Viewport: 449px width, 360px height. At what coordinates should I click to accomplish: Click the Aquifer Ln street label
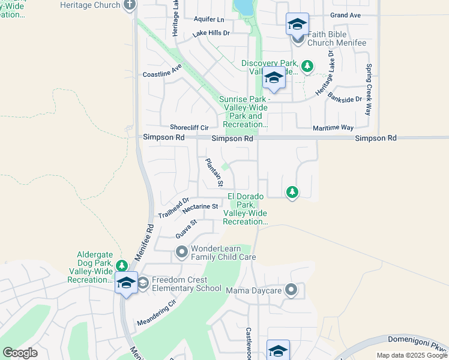point(208,19)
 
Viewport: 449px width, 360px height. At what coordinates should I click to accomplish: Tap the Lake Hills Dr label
point(211,34)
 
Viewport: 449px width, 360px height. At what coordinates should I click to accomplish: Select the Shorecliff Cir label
point(188,128)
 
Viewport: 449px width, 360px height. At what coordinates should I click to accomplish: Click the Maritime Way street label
point(333,128)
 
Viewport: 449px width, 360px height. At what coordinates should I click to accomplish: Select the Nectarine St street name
point(200,206)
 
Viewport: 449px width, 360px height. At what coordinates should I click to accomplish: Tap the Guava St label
point(186,229)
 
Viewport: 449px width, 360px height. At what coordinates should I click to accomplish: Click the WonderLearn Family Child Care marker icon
point(182,252)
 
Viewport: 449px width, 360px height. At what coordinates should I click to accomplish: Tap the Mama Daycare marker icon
point(291,291)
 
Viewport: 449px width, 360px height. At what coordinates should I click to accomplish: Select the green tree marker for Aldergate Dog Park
point(122,265)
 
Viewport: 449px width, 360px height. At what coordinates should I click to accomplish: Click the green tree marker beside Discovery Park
point(307,66)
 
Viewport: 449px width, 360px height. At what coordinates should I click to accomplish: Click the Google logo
point(20,352)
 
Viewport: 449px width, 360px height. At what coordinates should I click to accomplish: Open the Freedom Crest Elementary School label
point(187,284)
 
